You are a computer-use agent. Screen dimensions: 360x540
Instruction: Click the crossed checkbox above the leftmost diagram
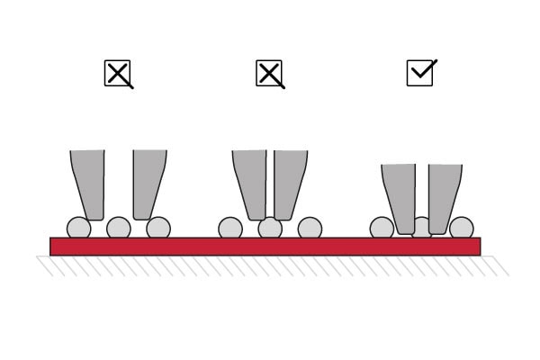118,74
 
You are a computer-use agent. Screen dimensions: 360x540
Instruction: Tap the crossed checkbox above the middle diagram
269,74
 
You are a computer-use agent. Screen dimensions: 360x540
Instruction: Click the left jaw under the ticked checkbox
400,196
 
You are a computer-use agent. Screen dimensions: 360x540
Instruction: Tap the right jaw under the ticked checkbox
444,196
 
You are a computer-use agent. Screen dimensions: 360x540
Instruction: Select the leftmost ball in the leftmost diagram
78,228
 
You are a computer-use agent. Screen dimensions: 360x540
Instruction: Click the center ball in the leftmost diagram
118,228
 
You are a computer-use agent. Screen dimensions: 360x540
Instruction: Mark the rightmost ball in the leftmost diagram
158,228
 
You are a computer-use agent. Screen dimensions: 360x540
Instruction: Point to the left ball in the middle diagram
230,228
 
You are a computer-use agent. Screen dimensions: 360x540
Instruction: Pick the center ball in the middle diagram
270,229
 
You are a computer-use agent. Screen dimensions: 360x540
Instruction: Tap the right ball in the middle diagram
310,228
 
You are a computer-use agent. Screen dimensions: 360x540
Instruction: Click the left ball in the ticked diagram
381,228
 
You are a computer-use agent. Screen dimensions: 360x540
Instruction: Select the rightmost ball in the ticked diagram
462,228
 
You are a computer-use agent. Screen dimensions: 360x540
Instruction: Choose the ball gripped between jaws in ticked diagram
421,227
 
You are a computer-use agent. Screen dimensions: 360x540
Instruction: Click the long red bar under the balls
265,247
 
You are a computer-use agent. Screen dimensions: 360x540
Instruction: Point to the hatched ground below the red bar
270,265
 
